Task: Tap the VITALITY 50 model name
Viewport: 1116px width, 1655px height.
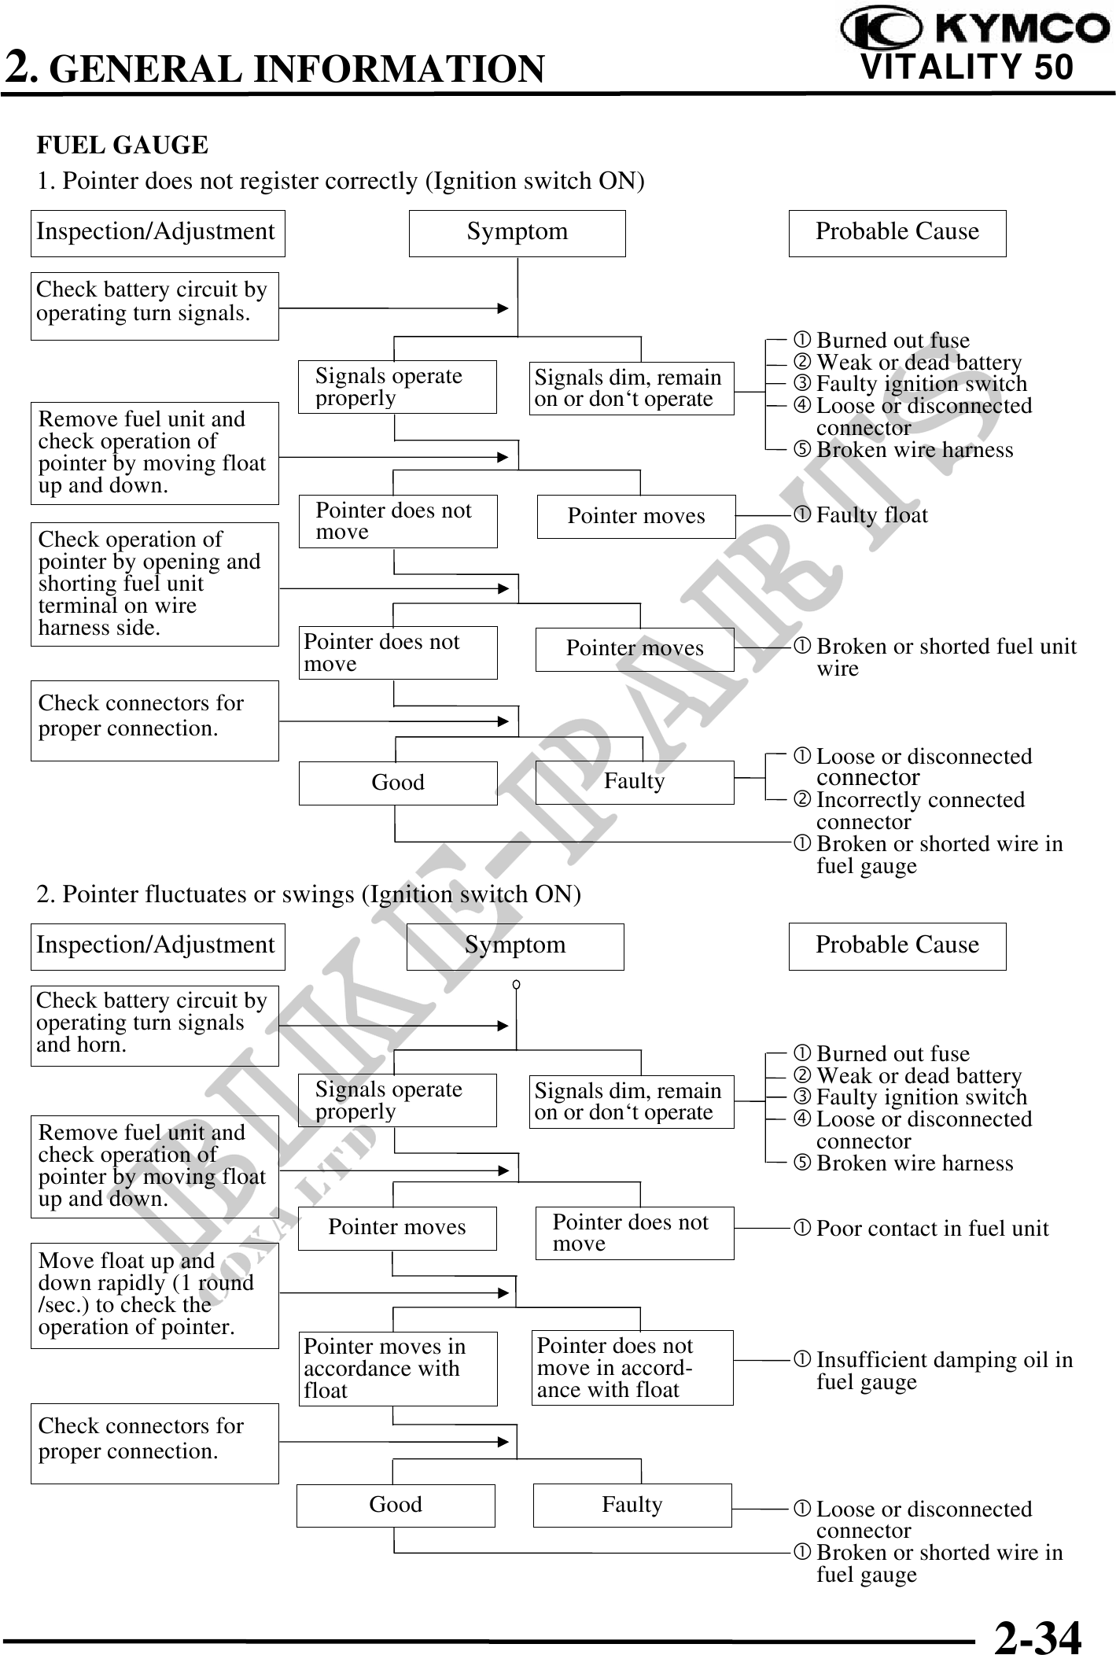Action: pos(967,68)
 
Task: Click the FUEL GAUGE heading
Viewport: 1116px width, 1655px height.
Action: pos(123,146)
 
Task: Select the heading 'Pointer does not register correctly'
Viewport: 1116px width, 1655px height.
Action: pos(341,182)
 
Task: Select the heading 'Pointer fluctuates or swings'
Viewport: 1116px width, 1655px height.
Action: pos(309,895)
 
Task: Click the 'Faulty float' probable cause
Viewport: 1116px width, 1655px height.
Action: pos(871,516)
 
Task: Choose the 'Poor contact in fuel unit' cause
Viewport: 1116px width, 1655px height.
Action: pos(931,1229)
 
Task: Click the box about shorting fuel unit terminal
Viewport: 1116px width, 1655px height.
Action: pos(155,584)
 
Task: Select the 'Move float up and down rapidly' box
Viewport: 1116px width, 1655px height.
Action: pos(155,1295)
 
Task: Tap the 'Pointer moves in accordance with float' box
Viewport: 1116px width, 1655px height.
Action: pos(397,1369)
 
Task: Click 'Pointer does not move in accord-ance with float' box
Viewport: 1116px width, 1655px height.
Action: pos(632,1368)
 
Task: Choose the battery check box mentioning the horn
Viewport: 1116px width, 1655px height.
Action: pos(155,1025)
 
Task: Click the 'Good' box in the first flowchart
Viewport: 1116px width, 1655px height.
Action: pos(398,783)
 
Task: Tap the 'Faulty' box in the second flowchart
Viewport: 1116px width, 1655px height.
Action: pos(632,1506)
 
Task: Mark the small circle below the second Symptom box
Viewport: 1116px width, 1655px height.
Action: pos(516,984)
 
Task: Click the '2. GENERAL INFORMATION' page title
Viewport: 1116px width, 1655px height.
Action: pos(275,68)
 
